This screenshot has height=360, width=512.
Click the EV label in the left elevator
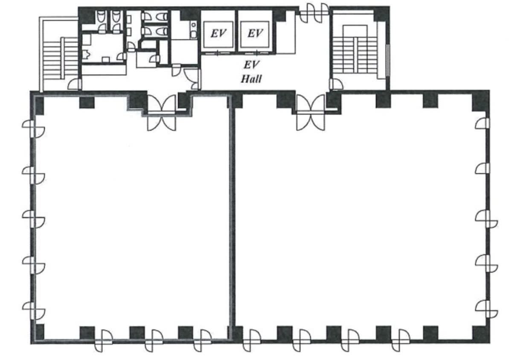[x=218, y=33]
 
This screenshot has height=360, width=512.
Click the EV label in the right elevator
[x=255, y=33]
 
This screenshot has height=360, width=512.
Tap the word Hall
[x=251, y=79]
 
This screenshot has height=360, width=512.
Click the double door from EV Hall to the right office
[x=311, y=113]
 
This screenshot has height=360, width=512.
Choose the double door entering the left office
[x=162, y=113]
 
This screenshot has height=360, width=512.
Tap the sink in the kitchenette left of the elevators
[x=194, y=30]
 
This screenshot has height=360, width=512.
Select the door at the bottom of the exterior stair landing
[x=75, y=84]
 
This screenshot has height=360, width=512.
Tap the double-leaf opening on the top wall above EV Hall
[x=314, y=13]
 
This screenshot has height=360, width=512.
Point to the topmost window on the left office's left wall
[x=33, y=129]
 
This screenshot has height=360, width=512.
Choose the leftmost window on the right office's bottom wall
[x=251, y=340]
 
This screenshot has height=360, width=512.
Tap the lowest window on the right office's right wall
[x=487, y=309]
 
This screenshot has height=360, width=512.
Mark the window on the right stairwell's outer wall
[x=387, y=60]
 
